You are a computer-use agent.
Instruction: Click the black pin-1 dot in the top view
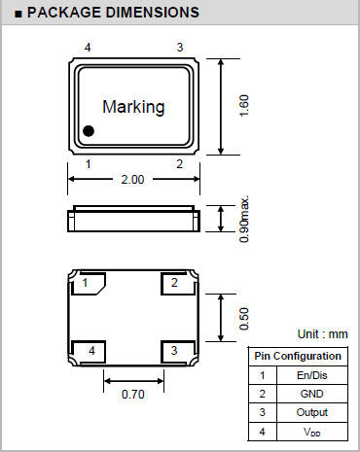click(x=89, y=131)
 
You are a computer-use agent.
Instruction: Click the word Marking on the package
click(x=133, y=107)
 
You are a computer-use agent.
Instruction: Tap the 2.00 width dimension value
click(x=132, y=180)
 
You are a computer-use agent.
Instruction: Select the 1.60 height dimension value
click(x=244, y=106)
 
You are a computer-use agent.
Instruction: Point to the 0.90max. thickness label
click(x=244, y=219)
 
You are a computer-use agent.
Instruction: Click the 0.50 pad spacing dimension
click(x=244, y=319)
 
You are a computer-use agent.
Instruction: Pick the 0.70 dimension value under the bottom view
click(x=133, y=395)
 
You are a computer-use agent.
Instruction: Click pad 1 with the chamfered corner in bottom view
click(x=89, y=284)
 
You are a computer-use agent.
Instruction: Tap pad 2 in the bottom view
click(x=178, y=284)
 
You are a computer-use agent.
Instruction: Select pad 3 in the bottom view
click(x=178, y=352)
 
